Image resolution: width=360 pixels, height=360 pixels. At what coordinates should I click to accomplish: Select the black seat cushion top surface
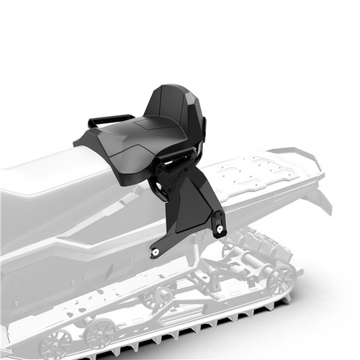[137, 140]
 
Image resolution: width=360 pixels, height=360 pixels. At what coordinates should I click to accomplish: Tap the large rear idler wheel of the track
[280, 278]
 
